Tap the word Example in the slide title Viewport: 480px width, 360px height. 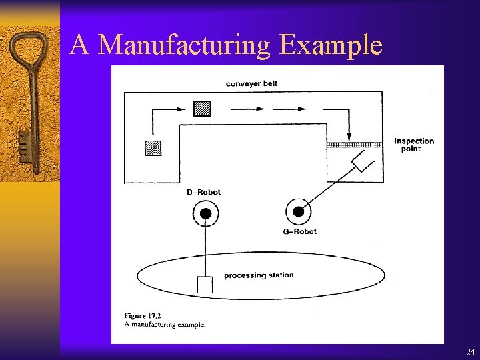[331, 45]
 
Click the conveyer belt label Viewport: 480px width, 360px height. [251, 83]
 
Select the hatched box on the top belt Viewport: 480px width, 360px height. [202, 108]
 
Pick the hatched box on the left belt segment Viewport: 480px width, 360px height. [153, 148]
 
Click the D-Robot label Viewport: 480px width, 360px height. [203, 192]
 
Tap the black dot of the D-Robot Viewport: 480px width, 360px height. [206, 213]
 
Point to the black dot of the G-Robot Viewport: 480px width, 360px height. [299, 212]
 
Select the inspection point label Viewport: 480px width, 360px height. [413, 145]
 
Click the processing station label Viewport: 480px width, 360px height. [259, 275]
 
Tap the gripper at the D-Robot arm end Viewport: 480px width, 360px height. [205, 285]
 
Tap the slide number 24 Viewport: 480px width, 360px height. [471, 352]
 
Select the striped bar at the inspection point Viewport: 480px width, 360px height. [353, 144]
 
